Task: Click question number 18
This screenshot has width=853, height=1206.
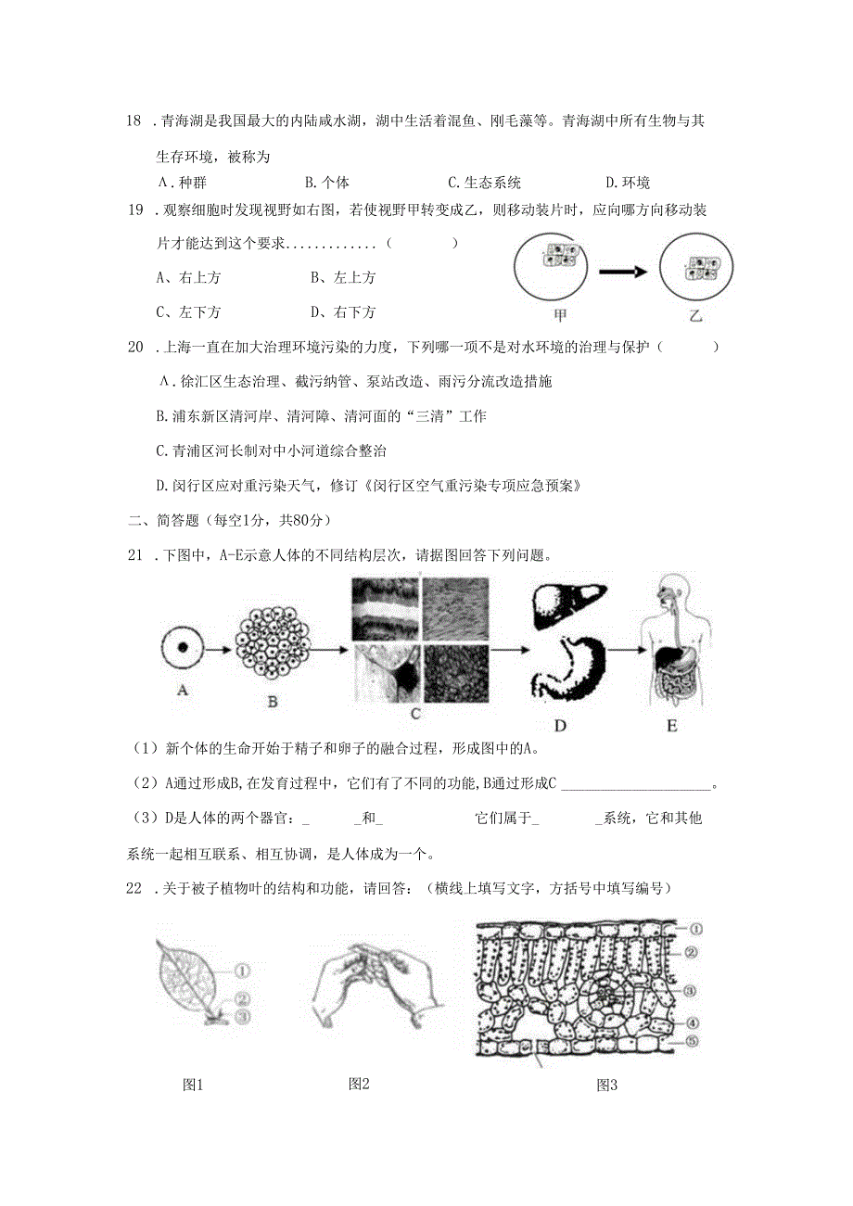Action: tap(135, 121)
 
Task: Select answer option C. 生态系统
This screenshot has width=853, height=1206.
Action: tap(484, 183)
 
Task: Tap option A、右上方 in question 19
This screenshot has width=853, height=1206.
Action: tap(188, 277)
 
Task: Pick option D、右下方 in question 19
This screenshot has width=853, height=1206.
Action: tap(343, 311)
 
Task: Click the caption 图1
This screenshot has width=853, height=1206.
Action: tap(193, 1085)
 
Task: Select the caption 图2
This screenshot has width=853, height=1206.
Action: tap(359, 1083)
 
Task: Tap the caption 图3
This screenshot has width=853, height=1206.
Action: tap(606, 1085)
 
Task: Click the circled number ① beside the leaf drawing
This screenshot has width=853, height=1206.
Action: tap(242, 971)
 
